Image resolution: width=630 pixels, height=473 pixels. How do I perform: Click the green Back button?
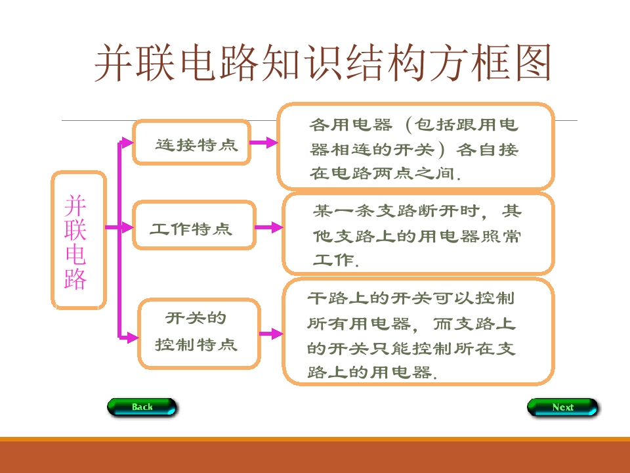(x=142, y=407)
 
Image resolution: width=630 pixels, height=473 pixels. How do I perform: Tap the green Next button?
(x=562, y=407)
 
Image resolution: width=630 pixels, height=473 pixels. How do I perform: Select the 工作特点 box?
(x=194, y=225)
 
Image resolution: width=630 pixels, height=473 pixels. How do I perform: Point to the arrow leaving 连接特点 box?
(x=264, y=143)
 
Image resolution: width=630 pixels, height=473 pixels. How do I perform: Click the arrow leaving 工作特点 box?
(x=269, y=227)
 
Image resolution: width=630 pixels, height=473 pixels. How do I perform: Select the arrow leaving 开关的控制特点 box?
(x=271, y=334)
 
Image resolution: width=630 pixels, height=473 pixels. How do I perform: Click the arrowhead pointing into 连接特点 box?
(x=127, y=143)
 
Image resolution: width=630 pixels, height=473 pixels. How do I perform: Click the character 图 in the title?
(x=533, y=63)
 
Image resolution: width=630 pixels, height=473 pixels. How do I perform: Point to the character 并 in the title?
(x=114, y=63)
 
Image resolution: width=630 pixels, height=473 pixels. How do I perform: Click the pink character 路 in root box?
(x=75, y=279)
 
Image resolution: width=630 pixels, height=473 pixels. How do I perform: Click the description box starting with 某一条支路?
(x=419, y=234)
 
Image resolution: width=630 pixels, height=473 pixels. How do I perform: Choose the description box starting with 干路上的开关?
(x=419, y=332)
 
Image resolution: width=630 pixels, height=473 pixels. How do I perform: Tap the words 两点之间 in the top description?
(x=414, y=173)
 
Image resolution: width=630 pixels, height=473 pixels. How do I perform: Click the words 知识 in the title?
(x=303, y=63)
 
